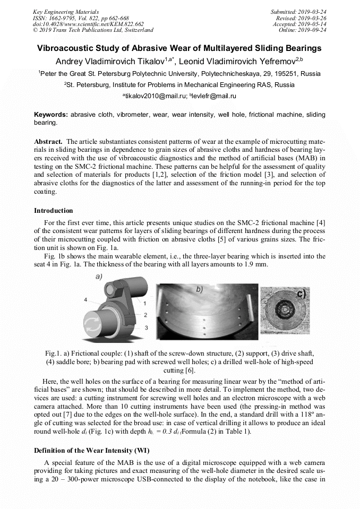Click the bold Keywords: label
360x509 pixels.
[51, 115]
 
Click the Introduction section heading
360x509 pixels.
[54, 211]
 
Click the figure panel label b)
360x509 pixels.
[200, 289]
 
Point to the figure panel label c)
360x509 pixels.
[301, 293]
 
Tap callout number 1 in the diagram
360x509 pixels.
[145, 303]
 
